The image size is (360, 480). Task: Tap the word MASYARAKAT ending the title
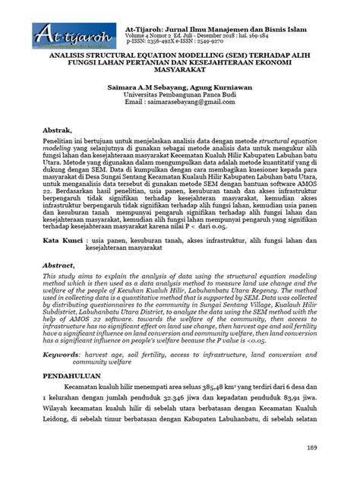pos(180,73)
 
